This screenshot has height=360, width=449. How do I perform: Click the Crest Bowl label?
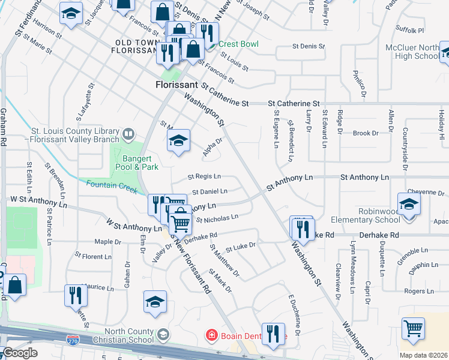pos(238,44)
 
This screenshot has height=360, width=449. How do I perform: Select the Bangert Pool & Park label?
pos(137,163)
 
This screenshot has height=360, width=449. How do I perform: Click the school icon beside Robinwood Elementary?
pos(409,204)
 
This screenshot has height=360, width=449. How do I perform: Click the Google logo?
pos(20,353)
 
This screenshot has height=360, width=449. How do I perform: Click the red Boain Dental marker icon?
pos(211,334)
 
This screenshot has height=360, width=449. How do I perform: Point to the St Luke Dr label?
pos(240,247)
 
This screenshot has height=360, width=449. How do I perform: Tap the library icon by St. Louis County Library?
pos(128,133)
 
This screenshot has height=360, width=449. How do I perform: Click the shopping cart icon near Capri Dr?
pos(413,328)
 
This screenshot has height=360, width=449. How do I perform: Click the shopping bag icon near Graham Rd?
pos(16,284)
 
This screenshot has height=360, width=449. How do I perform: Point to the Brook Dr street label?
pos(366,133)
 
